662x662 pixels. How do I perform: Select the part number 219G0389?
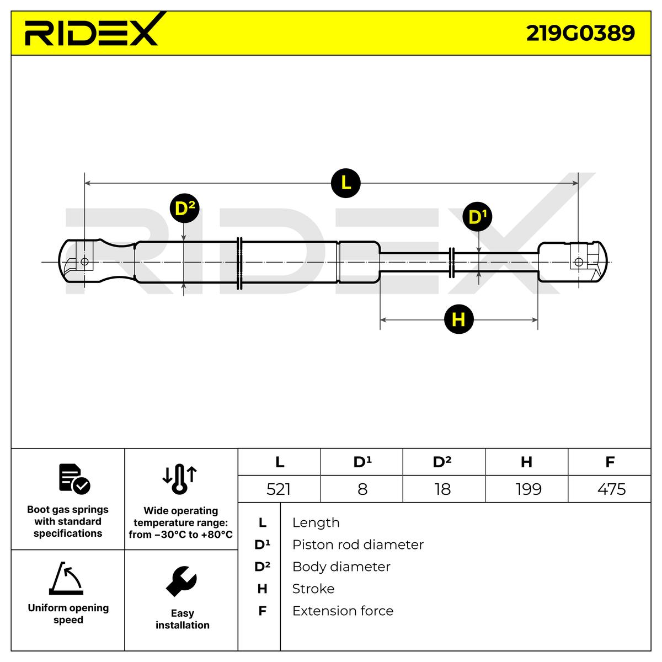580,34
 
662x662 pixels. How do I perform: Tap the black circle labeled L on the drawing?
345,183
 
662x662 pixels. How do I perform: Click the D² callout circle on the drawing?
184,209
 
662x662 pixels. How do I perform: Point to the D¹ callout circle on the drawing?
477,217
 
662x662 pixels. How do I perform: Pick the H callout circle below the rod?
458,319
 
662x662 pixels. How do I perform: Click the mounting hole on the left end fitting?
84,261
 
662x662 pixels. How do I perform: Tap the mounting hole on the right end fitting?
578,261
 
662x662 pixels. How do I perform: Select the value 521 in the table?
279,489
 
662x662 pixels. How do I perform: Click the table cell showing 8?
362,489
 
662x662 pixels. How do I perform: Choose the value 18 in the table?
442,489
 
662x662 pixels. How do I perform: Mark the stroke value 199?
528,489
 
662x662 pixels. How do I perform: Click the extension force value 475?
611,489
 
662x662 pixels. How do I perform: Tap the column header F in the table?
610,462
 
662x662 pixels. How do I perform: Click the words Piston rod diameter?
357,544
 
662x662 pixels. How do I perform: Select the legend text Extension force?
343,611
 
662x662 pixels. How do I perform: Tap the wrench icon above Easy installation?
181,581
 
